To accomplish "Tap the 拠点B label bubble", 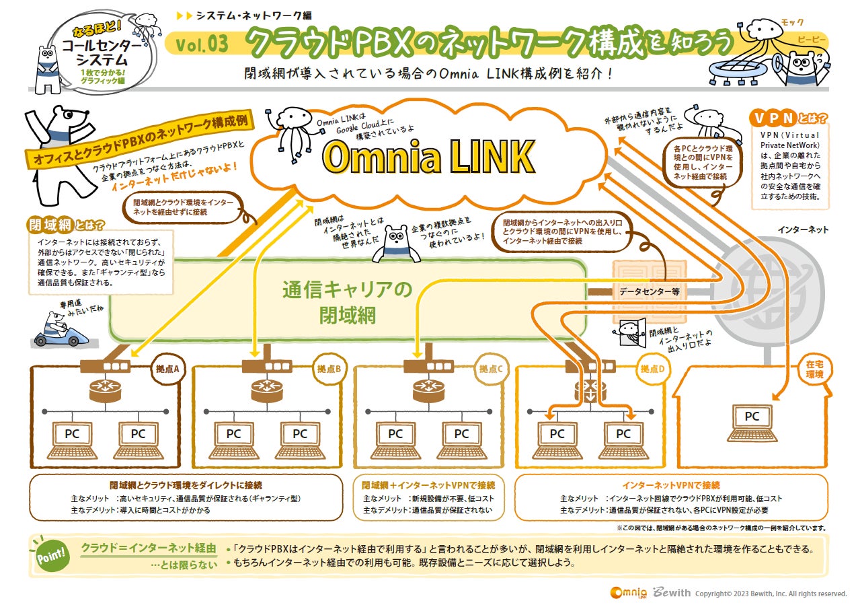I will pyautogui.click(x=329, y=369).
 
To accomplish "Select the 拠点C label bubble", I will pyautogui.click(x=491, y=369).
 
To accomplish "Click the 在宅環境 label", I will pyautogui.click(x=814, y=369).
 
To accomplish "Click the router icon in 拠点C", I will pyautogui.click(x=429, y=388).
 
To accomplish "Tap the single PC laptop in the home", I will pyautogui.click(x=751, y=424).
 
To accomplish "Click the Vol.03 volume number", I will pyautogui.click(x=202, y=44).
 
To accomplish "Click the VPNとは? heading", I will pyautogui.click(x=788, y=119).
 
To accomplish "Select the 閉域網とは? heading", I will pyautogui.click(x=66, y=224).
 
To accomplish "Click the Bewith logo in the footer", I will pyautogui.click(x=669, y=593).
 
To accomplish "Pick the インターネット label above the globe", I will pyautogui.click(x=803, y=229).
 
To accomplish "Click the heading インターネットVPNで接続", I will pyautogui.click(x=671, y=485).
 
